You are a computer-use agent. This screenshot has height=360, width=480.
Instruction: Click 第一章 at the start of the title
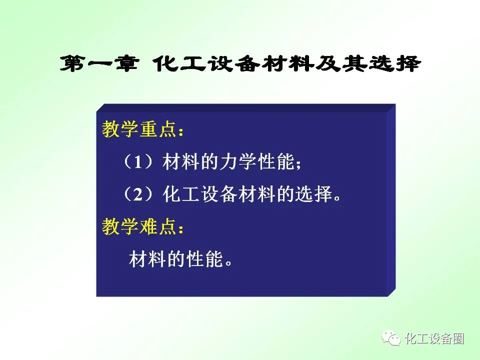(99, 64)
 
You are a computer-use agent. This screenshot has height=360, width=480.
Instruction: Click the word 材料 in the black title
(287, 64)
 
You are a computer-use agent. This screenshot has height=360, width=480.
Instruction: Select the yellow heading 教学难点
(139, 226)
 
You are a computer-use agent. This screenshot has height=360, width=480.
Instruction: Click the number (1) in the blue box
(138, 161)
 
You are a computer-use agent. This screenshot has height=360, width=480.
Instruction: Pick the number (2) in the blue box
(138, 194)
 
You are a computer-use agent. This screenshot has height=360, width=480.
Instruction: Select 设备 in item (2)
(219, 194)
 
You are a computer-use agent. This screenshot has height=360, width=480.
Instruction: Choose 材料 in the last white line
(148, 259)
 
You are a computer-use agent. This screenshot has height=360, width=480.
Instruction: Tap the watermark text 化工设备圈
(434, 338)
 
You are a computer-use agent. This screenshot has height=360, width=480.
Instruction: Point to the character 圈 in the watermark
(458, 338)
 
